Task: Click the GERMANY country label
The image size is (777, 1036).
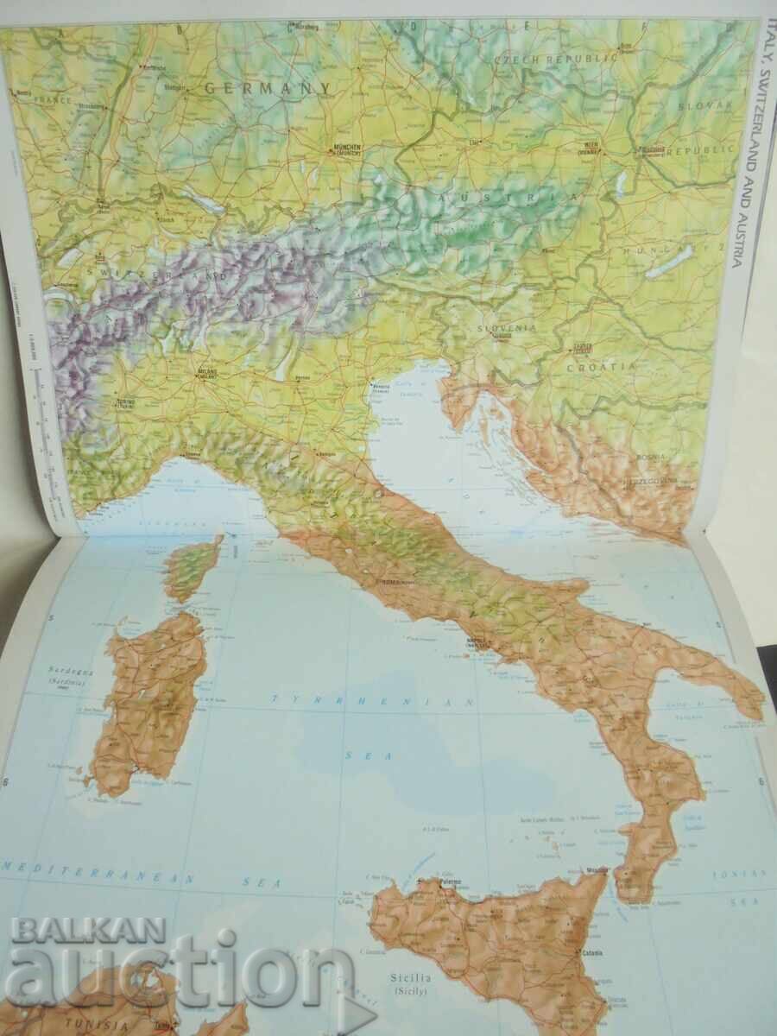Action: pyautogui.click(x=268, y=87)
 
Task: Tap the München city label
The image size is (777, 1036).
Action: pyautogui.click(x=342, y=148)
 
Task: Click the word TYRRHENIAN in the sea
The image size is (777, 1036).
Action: pyautogui.click(x=372, y=701)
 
